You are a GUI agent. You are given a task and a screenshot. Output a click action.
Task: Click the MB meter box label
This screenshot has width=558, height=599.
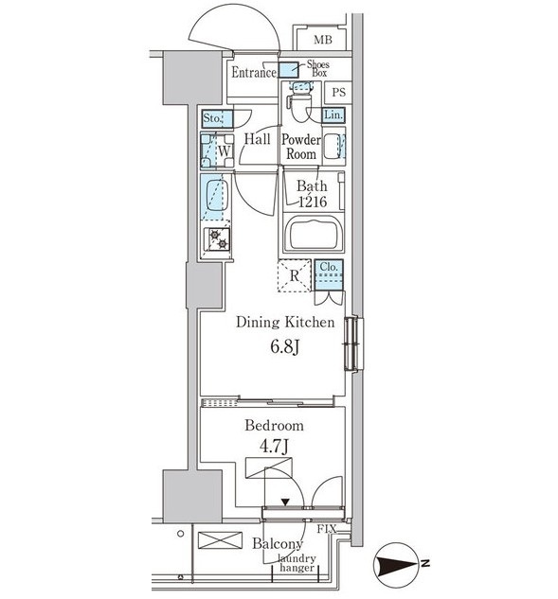point(323,40)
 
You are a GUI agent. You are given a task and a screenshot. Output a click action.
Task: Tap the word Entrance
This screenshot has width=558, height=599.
point(254,72)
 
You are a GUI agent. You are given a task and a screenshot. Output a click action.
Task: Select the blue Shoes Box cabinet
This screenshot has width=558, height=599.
point(288,70)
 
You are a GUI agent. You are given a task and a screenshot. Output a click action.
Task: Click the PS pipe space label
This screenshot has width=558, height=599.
point(339,92)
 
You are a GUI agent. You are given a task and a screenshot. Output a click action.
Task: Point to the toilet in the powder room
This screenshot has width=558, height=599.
point(300,101)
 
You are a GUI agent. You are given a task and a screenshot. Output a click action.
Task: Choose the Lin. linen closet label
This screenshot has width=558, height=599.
point(333,115)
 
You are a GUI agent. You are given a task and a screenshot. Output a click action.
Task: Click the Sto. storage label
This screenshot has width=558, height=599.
point(212,118)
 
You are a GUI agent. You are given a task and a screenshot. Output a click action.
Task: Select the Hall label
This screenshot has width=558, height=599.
point(258,139)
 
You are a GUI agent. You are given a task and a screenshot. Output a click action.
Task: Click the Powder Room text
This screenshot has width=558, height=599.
point(301,147)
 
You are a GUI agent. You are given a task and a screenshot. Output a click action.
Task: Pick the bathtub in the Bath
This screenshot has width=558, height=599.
point(314,233)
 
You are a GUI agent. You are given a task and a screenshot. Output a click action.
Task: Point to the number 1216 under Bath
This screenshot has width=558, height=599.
point(313,202)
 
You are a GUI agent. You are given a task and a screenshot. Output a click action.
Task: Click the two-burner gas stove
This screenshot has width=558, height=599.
point(217,239)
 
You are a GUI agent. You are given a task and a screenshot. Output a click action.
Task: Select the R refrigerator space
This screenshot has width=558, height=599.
point(294,275)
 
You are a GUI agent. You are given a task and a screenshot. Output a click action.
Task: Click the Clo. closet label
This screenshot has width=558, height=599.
point(329,267)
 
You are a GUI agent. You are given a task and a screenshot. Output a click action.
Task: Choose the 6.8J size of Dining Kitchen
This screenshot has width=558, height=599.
point(284,347)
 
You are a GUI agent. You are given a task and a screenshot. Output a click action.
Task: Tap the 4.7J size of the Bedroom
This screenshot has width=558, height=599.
point(275,447)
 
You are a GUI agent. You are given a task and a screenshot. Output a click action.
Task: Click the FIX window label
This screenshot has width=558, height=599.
point(327,529)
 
